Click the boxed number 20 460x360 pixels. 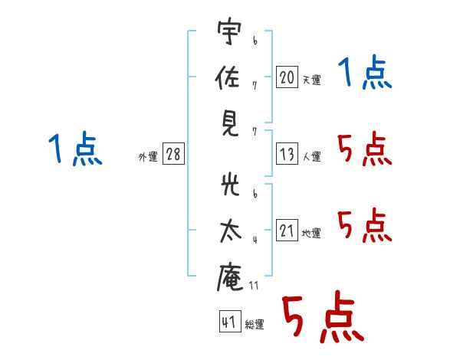tap(287, 77)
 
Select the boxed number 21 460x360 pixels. tap(287, 231)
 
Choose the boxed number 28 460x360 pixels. tap(173, 155)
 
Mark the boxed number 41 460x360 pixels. tap(228, 322)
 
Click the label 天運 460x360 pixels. tap(311, 80)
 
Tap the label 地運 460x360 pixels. tap(311, 233)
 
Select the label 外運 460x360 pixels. tap(148, 157)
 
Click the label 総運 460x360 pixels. tap(254, 324)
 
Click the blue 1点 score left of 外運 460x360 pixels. tap(75, 149)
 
